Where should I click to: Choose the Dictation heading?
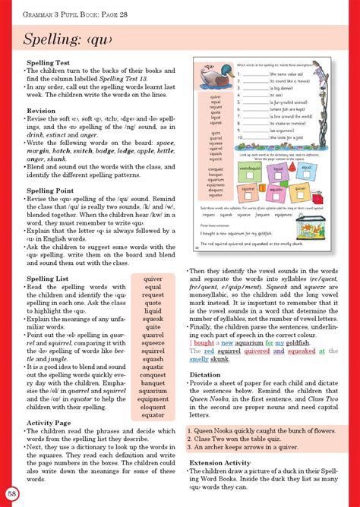205,374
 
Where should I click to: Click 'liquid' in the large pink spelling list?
153,310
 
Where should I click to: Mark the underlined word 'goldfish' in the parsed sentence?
289,343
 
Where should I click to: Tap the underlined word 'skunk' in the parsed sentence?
219,359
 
